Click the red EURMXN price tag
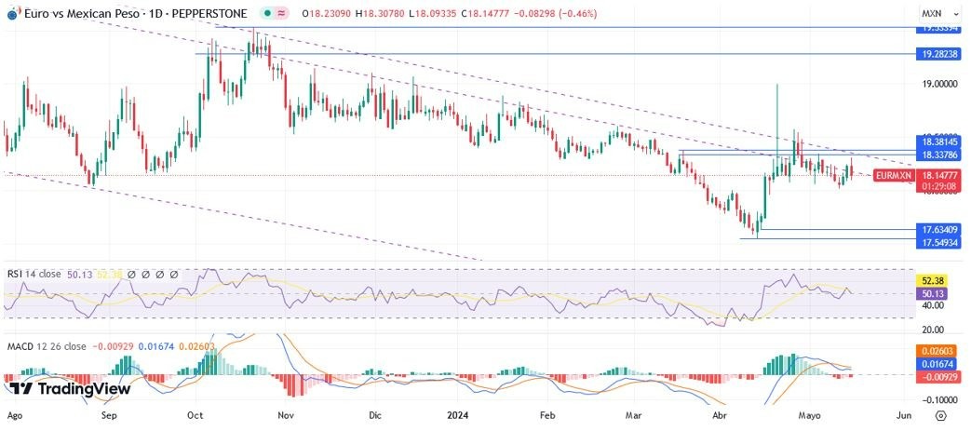(894, 175)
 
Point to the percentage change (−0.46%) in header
(574, 15)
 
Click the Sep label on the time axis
(110, 416)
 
